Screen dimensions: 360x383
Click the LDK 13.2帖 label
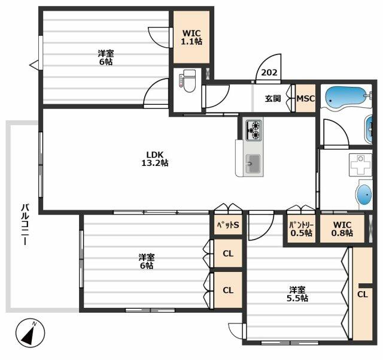tap(154, 158)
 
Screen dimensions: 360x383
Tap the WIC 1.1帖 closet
tap(191, 37)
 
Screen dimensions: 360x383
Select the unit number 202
tap(269, 73)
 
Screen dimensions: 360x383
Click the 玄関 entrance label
tap(273, 99)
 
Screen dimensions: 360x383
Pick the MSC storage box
tap(306, 99)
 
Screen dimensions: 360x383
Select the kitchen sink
tap(253, 162)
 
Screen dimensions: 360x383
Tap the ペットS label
tap(228, 225)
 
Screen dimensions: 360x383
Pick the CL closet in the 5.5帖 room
tap(362, 294)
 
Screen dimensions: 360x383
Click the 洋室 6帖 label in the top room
tap(106, 57)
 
